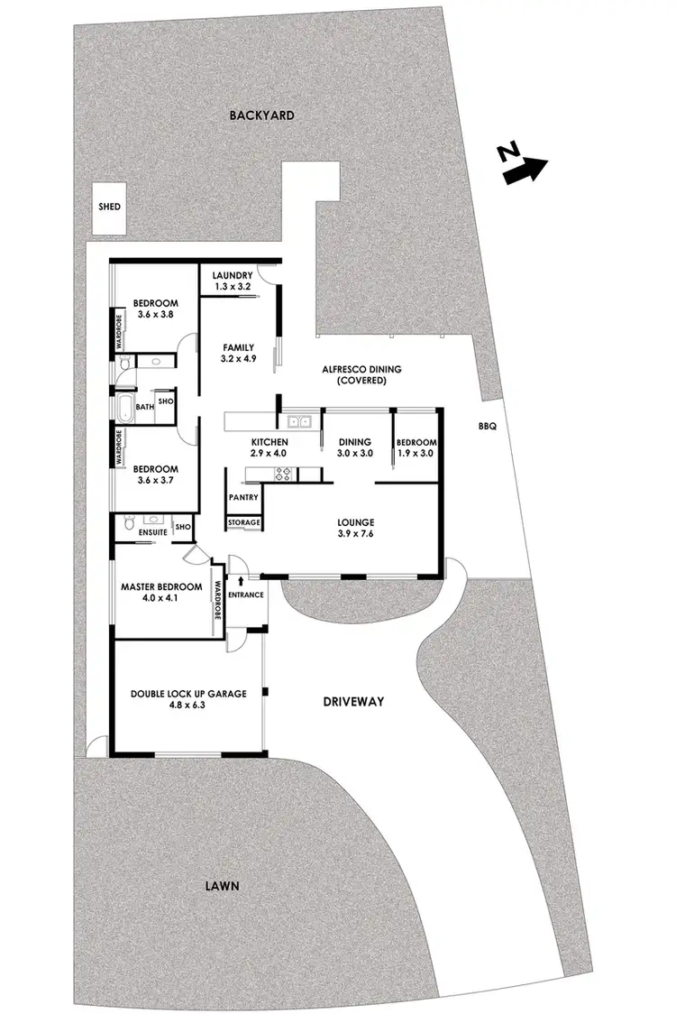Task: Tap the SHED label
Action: click(x=110, y=207)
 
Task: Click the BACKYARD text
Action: click(x=262, y=115)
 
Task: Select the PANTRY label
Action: click(x=243, y=497)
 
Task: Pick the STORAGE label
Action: click(x=244, y=522)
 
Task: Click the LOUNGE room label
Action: click(x=356, y=522)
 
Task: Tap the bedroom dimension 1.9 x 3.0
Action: click(x=416, y=454)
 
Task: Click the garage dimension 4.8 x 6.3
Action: click(x=187, y=705)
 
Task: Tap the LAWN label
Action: click(x=223, y=886)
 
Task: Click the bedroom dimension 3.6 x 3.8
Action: click(x=155, y=315)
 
